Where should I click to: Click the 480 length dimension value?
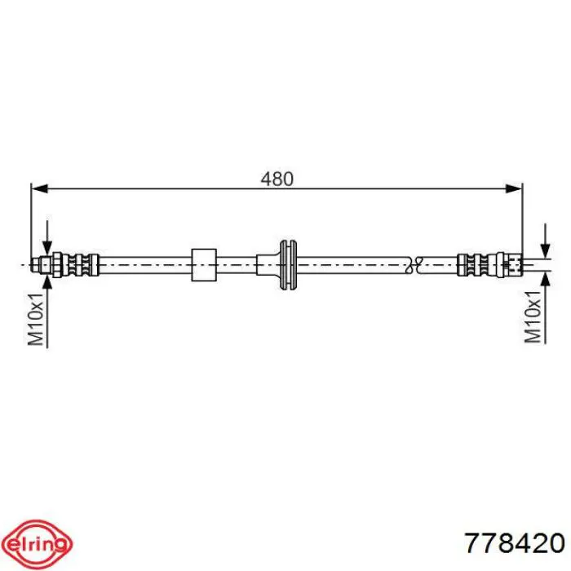pos(277,179)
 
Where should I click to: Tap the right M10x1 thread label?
pos(533,316)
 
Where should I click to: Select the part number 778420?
pos(515,543)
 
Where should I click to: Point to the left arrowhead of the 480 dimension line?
pos(40,188)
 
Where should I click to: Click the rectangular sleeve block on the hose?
pos(204,265)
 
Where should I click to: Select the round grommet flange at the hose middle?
pos(288,265)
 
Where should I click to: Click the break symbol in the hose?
pos(414,265)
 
